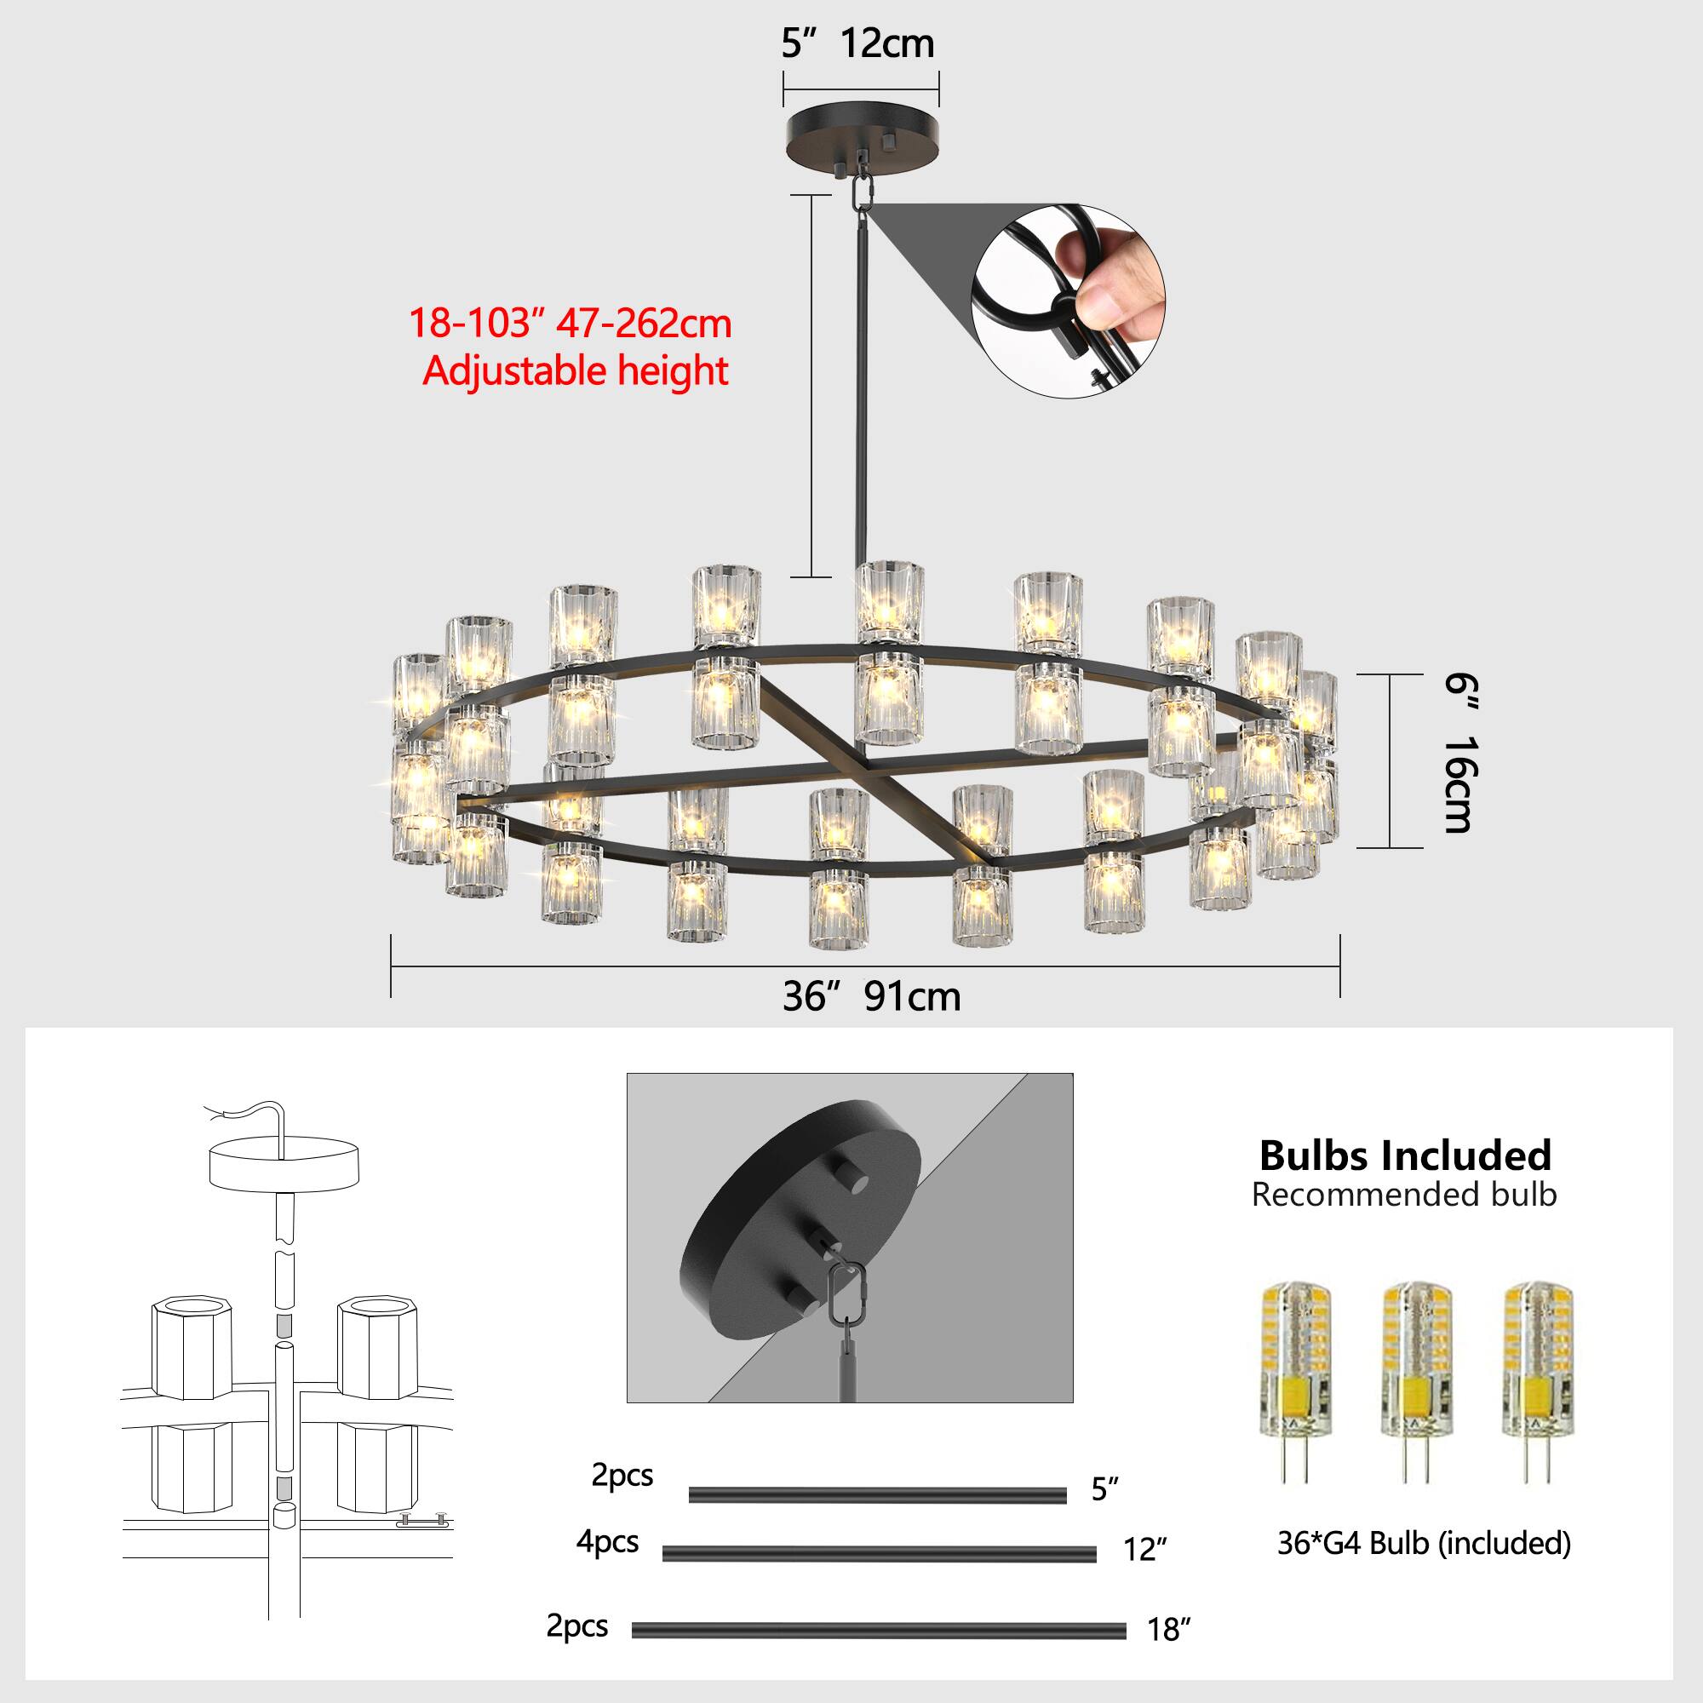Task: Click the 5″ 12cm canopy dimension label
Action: point(857,44)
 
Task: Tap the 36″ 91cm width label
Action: point(871,997)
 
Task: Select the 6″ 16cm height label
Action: point(1459,754)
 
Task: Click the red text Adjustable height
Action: point(575,370)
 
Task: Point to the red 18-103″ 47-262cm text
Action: point(570,324)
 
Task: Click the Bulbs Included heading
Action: point(1405,1155)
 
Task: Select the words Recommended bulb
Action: point(1404,1196)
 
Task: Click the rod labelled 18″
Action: point(878,1631)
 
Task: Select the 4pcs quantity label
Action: point(607,1542)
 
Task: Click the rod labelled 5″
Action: point(877,1495)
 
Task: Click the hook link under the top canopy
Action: point(862,192)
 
